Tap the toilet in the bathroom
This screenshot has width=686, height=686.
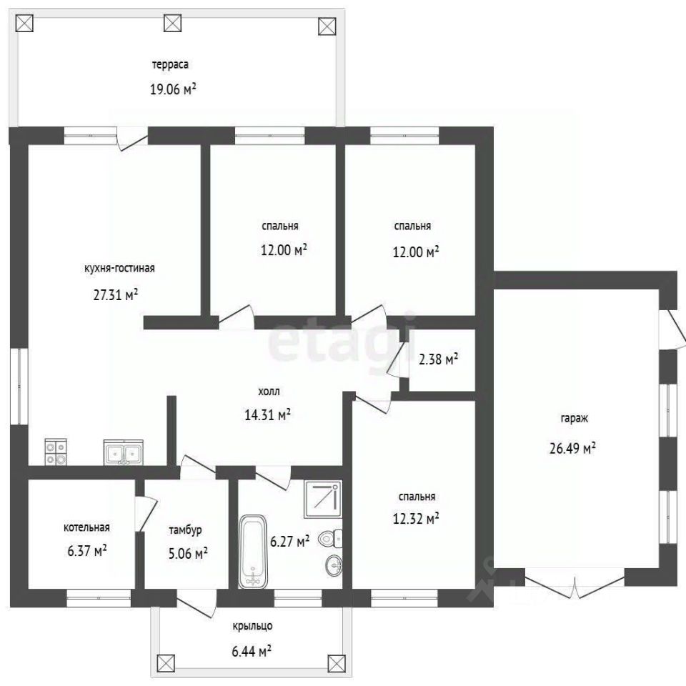[330, 537]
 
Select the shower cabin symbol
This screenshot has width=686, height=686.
[323, 499]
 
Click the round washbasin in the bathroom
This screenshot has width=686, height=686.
[334, 566]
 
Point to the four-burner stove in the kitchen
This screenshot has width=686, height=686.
[56, 452]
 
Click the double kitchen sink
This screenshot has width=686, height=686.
[123, 452]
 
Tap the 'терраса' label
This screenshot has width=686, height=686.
[170, 65]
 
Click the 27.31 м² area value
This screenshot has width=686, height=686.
[116, 295]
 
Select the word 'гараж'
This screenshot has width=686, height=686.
[574, 419]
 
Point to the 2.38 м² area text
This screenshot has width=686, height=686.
[438, 359]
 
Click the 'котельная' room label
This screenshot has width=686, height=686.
[86, 527]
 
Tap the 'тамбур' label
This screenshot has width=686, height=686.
[186, 530]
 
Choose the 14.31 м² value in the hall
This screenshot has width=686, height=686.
[268, 414]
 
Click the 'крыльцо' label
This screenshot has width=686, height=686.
[252, 626]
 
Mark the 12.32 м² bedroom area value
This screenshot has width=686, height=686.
[416, 519]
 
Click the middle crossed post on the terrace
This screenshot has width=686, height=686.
[172, 23]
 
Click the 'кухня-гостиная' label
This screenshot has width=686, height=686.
[119, 268]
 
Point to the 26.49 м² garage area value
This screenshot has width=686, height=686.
[572, 449]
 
